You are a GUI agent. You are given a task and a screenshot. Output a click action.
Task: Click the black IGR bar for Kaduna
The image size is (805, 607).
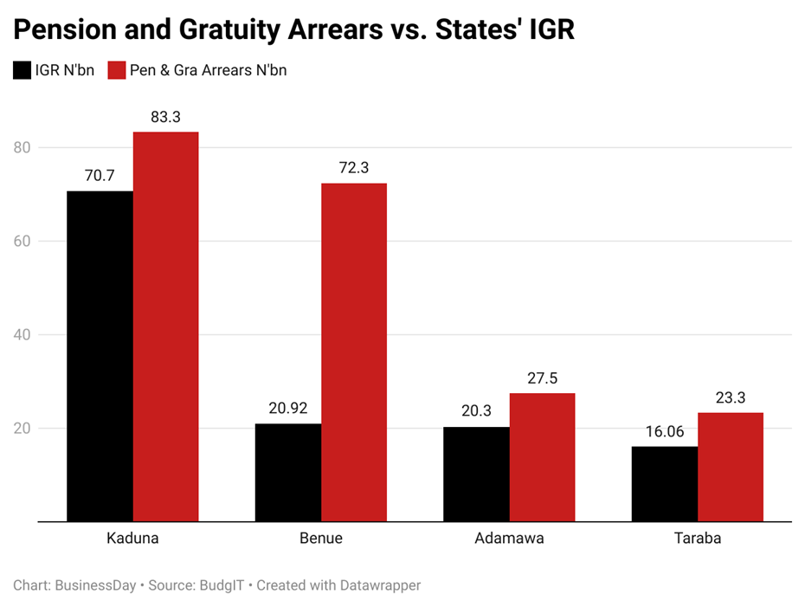point(100,356)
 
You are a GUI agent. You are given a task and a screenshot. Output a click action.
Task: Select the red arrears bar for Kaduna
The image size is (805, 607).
point(165,326)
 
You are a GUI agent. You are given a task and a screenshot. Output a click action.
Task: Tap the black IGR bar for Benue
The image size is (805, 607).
point(287,472)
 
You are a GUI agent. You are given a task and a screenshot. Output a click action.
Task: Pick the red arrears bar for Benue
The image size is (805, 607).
point(353,352)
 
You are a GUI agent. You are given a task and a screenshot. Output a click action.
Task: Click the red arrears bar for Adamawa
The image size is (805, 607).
point(542,457)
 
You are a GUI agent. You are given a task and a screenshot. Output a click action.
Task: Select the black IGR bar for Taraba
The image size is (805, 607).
point(664,483)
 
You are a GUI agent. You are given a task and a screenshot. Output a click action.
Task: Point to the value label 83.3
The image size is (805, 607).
point(165,117)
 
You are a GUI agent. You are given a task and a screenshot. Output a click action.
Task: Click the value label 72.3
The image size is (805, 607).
point(353,168)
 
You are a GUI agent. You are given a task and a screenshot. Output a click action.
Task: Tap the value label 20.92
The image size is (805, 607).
point(287,408)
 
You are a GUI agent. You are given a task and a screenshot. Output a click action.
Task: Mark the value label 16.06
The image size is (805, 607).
point(664,431)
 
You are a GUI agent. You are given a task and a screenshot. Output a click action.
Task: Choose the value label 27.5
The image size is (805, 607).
point(542,378)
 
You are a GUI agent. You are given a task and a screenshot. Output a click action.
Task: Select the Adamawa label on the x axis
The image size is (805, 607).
point(509,539)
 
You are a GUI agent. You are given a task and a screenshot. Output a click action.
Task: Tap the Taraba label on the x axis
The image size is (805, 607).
point(697,539)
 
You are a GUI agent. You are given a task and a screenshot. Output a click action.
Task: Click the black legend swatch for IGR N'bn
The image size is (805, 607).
point(22,70)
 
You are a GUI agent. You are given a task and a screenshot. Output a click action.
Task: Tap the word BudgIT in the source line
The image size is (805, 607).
point(221,585)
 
